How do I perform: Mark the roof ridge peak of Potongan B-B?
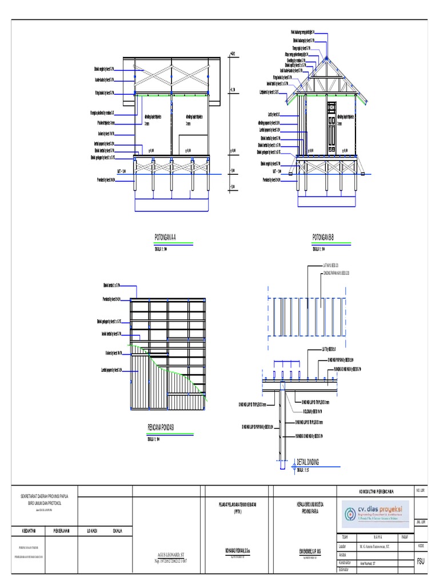[x=326, y=58]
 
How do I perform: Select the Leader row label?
[x=343, y=546]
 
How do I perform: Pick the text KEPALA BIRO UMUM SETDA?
[x=309, y=504]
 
